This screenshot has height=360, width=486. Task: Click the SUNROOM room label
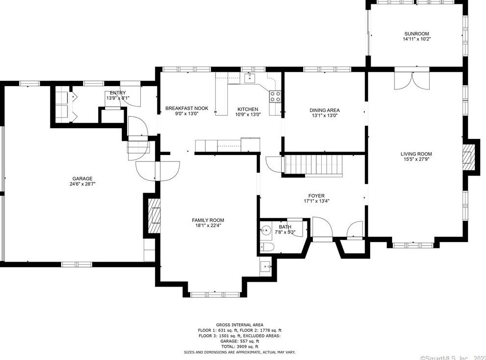pyautogui.click(x=416, y=34)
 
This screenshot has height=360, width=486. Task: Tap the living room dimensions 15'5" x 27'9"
pyautogui.click(x=417, y=159)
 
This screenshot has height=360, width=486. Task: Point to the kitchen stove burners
pyautogui.click(x=275, y=96)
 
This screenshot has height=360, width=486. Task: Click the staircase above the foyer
pyautogui.click(x=313, y=165)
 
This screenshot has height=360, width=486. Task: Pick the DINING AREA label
pyautogui.click(x=324, y=110)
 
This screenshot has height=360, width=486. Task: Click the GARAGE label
pyautogui.click(x=81, y=179)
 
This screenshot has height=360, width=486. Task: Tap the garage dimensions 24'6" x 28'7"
pyautogui.click(x=81, y=184)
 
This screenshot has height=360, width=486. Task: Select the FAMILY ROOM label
pyautogui.click(x=208, y=220)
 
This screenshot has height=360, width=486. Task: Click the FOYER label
pyautogui.click(x=316, y=195)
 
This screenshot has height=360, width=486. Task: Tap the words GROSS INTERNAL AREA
pyautogui.click(x=240, y=325)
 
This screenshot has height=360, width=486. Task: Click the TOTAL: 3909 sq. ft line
pyautogui.click(x=240, y=346)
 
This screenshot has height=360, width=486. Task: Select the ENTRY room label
pyautogui.click(x=118, y=93)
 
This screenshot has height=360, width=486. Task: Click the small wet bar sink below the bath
pyautogui.click(x=265, y=267)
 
